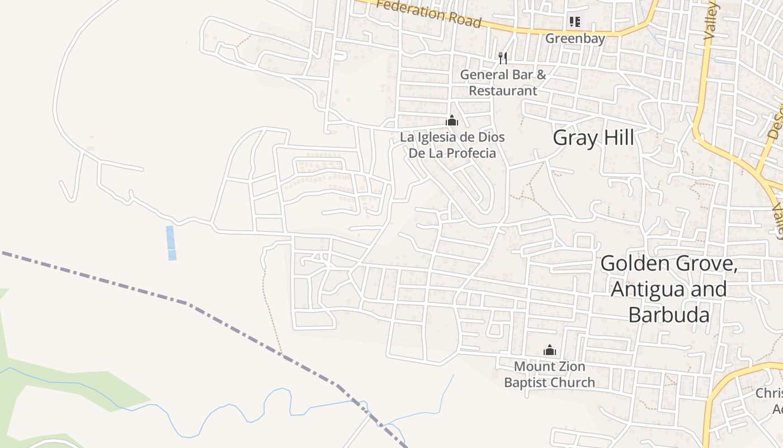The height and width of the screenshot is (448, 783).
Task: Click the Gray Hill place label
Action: (x=593, y=137)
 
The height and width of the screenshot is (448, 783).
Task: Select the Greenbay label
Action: (x=575, y=39)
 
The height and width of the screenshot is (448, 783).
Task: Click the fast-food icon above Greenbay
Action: (x=574, y=22)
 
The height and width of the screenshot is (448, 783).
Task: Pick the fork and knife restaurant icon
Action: (x=503, y=58)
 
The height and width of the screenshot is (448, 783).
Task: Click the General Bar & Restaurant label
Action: (x=503, y=82)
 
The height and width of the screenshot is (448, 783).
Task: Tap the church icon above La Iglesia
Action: (x=452, y=120)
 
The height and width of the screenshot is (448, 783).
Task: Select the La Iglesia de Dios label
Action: (x=452, y=137)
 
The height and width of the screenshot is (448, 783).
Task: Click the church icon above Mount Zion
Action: (x=550, y=350)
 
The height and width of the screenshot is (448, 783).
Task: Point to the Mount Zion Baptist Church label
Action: (x=550, y=375)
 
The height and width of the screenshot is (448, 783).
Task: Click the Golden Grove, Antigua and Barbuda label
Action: (x=669, y=288)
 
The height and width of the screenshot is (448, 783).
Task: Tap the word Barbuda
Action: (x=669, y=314)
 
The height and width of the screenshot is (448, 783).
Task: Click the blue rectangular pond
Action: (x=171, y=242)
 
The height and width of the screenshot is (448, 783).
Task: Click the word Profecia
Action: (x=469, y=153)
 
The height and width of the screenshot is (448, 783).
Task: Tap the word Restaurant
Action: (x=503, y=90)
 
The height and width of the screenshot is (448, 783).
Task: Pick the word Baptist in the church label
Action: (x=526, y=382)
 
